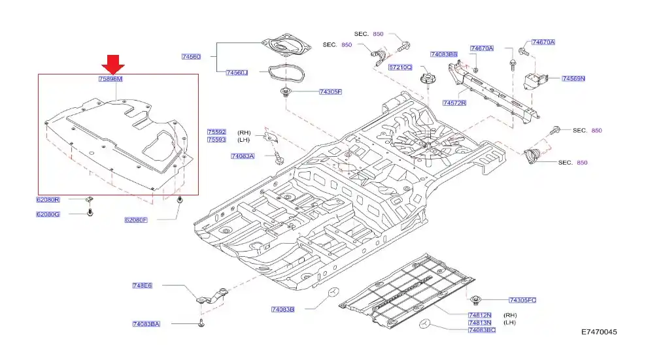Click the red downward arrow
[x=114, y=64]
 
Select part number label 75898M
[x=110, y=79]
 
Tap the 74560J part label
[x=237, y=73]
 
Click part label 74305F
[x=330, y=92]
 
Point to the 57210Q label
[x=400, y=67]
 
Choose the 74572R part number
[x=454, y=103]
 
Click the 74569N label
[x=573, y=78]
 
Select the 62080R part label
[x=48, y=199]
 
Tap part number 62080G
[x=48, y=214]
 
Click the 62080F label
[x=136, y=220]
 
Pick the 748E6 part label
[x=142, y=286]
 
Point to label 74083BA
[x=146, y=324]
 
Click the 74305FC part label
[x=522, y=300]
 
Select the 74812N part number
[x=481, y=315]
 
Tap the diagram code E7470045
[x=599, y=333]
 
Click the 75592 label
[x=216, y=132]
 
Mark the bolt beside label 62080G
[x=90, y=213]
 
